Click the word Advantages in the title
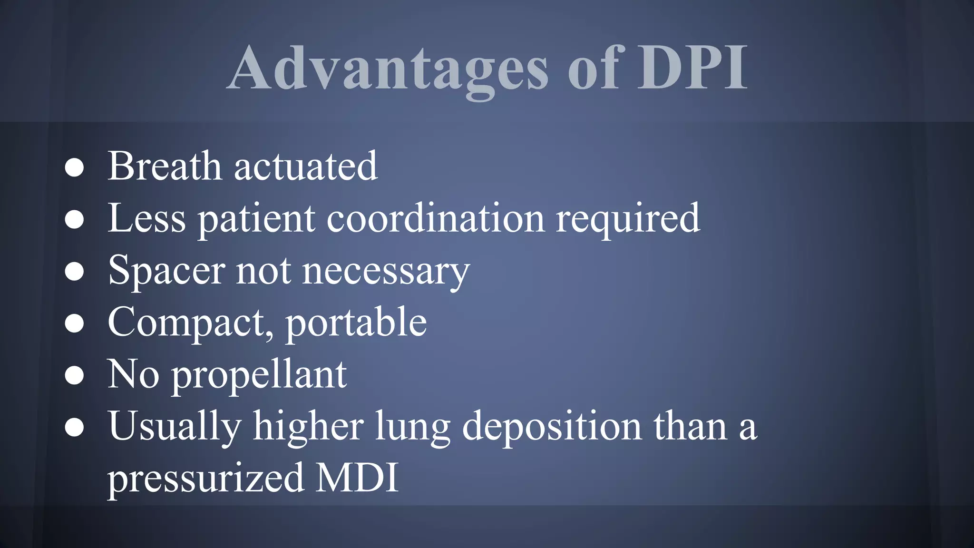[388, 69]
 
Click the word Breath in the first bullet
[165, 166]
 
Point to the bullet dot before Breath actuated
[74, 167]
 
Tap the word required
[628, 219]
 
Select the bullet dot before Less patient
[74, 219]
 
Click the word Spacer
[166, 271]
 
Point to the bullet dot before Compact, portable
[74, 323]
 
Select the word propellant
[259, 376]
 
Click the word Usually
[175, 427]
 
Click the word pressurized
[205, 478]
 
